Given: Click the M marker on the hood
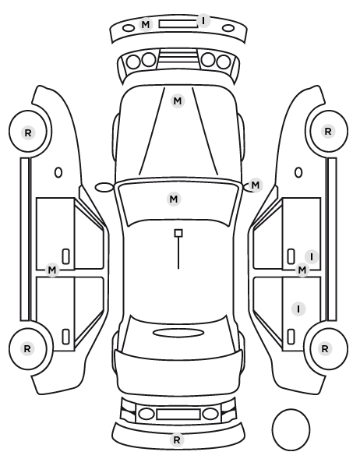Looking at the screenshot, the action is [x=178, y=101].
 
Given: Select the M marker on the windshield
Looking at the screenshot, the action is [x=174, y=199].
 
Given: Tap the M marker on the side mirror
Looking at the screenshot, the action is [x=256, y=185].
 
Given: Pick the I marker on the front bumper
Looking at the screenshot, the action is [x=203, y=21].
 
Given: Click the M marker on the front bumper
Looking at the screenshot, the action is [x=146, y=24].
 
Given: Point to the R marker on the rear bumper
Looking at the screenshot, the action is [x=177, y=440].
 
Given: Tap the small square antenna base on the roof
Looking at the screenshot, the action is [x=178, y=233].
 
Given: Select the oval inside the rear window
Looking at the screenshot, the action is [x=178, y=334].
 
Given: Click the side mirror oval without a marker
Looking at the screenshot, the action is [x=104, y=187].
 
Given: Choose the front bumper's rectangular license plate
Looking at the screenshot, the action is [x=178, y=24].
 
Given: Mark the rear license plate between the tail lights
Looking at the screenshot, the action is [x=178, y=414].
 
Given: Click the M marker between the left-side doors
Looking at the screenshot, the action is [x=52, y=270].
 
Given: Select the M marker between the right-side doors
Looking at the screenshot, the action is [x=302, y=270].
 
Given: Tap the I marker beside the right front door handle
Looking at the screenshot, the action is [x=312, y=256].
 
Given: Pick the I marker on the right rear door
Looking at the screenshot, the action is [x=298, y=309].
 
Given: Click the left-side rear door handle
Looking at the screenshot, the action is [x=66, y=337].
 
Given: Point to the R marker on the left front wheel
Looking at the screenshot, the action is [x=28, y=132].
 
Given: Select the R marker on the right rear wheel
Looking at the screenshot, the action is [x=325, y=348].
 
